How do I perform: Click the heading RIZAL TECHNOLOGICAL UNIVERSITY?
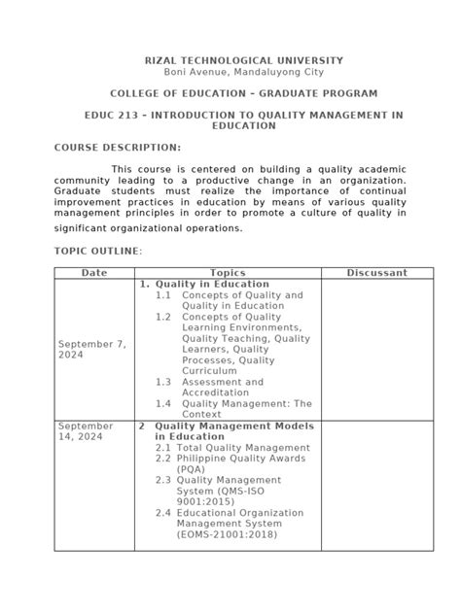point(230,60)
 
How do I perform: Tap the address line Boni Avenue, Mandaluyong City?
point(230,72)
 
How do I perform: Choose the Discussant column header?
point(376,273)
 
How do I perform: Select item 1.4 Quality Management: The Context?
point(233,408)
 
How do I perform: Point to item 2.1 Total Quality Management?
point(226,448)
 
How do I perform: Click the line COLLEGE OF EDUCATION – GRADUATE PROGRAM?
point(230,93)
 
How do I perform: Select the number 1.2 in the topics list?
point(162,317)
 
